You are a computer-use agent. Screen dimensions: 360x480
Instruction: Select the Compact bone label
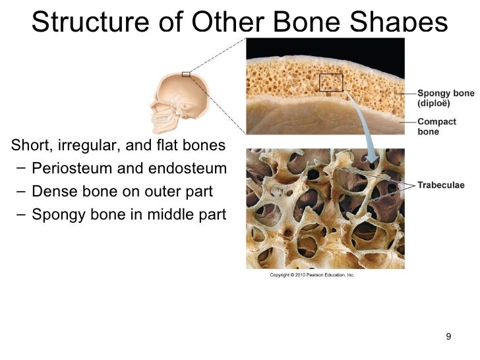(436, 127)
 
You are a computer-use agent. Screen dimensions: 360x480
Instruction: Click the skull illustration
(178, 100)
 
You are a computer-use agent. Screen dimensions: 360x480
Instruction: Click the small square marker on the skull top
(186, 75)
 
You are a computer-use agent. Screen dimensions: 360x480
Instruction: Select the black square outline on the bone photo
(331, 82)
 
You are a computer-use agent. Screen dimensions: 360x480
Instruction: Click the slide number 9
(448, 338)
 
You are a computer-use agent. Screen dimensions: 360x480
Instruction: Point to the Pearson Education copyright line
(312, 275)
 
